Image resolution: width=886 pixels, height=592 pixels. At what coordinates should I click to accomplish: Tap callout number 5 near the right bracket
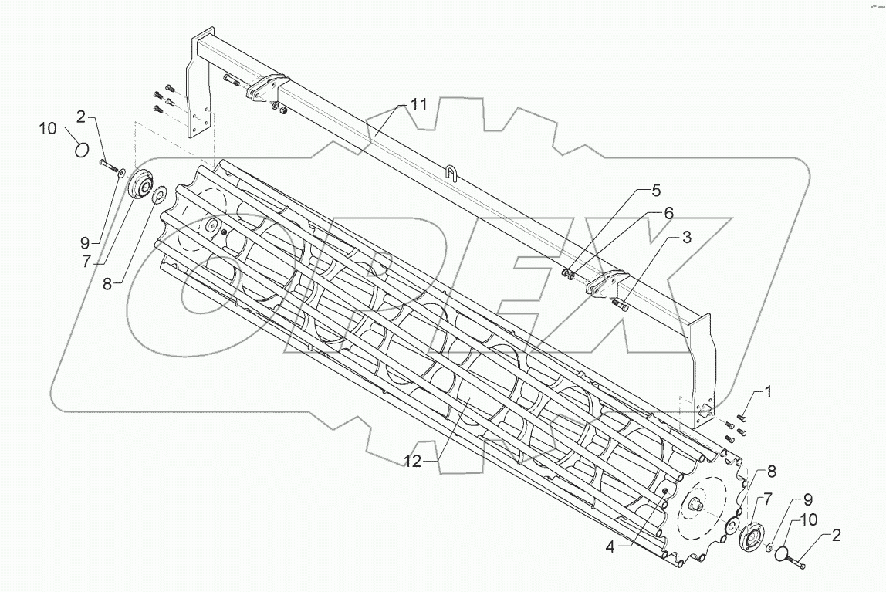click(655, 190)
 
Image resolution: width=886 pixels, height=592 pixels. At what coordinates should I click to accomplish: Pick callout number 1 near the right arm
click(768, 392)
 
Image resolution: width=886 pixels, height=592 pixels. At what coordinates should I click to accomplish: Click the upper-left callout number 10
click(49, 129)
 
